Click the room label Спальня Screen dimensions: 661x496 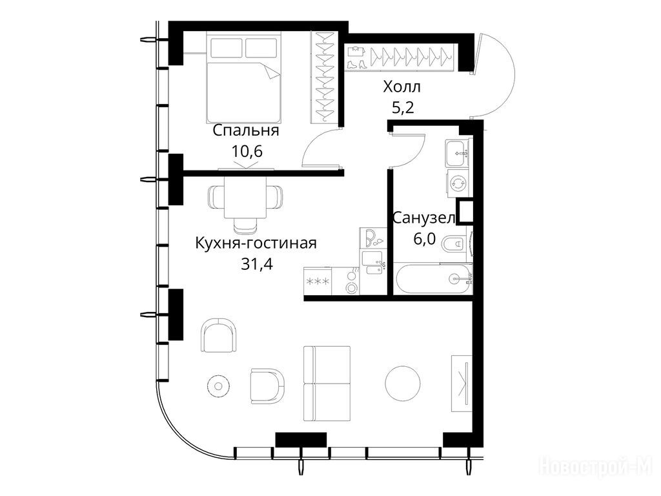tap(246, 130)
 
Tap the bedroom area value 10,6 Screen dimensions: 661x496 tap(247, 150)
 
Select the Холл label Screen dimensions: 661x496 tap(402, 87)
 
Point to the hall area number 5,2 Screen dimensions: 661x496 tap(403, 108)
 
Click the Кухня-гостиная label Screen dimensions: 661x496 tap(256, 243)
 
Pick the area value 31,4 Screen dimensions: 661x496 tap(257, 264)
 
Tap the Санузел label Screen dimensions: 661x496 tap(424, 218)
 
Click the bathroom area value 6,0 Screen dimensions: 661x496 tap(424, 239)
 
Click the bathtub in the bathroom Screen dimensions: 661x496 tap(433, 279)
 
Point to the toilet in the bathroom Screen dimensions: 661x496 tap(456, 243)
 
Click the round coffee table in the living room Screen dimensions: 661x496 tap(403, 384)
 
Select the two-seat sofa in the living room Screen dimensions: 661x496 tap(327, 384)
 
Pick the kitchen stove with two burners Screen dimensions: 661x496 tap(352, 281)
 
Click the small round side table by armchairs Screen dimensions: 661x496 tap(219, 385)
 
